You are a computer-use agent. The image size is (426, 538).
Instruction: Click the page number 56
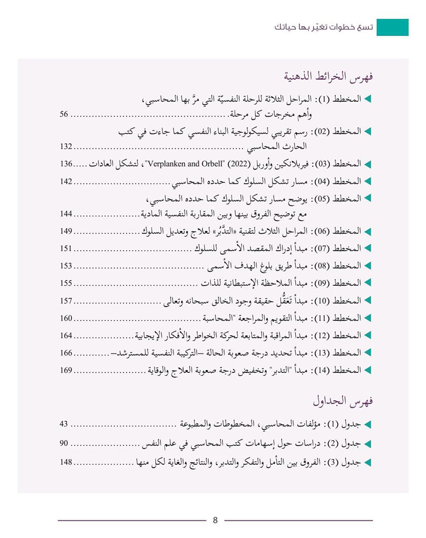[65, 115]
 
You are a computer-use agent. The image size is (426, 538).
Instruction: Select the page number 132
[67, 146]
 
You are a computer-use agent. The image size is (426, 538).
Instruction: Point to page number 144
[67, 214]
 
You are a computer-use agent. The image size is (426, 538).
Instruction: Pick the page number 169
[67, 370]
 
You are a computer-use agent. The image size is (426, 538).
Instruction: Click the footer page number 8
[215, 520]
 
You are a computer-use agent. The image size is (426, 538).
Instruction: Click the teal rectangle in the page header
[392, 27]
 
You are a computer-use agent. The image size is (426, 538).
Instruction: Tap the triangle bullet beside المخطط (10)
[368, 301]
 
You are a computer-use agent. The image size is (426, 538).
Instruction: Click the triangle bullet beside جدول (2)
[368, 444]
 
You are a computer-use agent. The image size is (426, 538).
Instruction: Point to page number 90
[64, 444]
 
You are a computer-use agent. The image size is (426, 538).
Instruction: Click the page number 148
[67, 462]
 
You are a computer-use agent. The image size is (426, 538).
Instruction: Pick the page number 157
[67, 301]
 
